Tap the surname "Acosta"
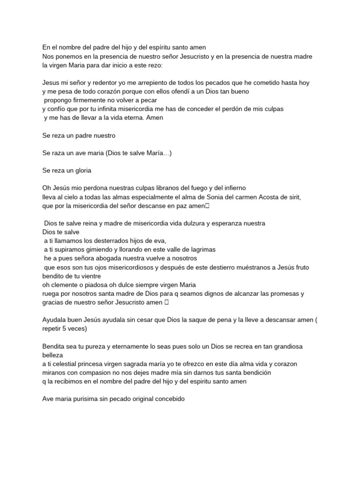click(x=268, y=197)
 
